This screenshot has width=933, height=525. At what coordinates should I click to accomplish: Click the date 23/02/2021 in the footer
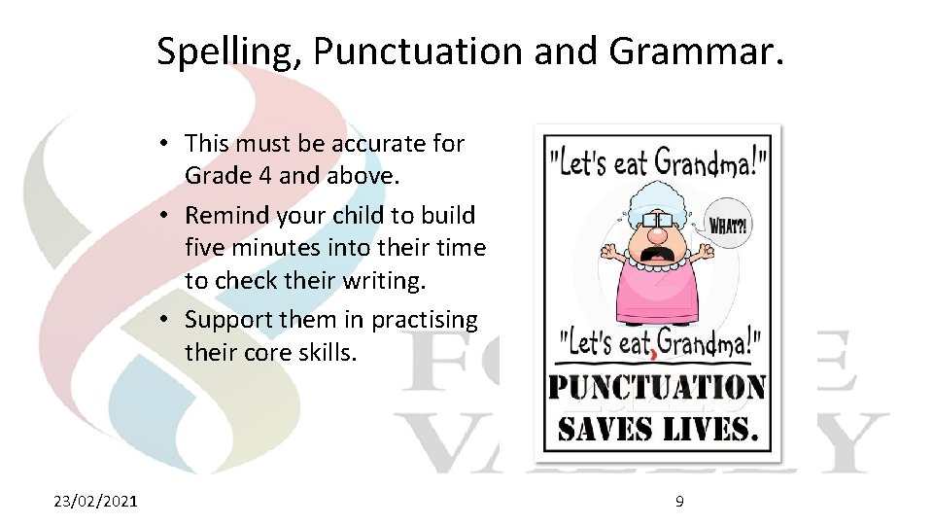pyautogui.click(x=95, y=501)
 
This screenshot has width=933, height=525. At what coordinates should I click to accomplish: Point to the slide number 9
pyautogui.click(x=679, y=501)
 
